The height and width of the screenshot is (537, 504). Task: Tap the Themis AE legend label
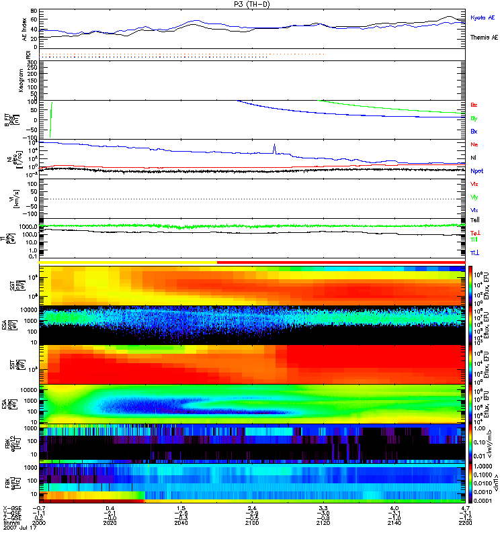click(484, 38)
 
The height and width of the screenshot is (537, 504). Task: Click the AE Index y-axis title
click(25, 29)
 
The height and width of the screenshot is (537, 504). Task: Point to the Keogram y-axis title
click(24, 80)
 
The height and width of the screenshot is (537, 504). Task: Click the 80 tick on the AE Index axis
click(34, 12)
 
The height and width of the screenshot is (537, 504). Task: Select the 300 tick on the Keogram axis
click(32, 62)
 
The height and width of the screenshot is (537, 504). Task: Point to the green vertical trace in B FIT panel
click(51, 119)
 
